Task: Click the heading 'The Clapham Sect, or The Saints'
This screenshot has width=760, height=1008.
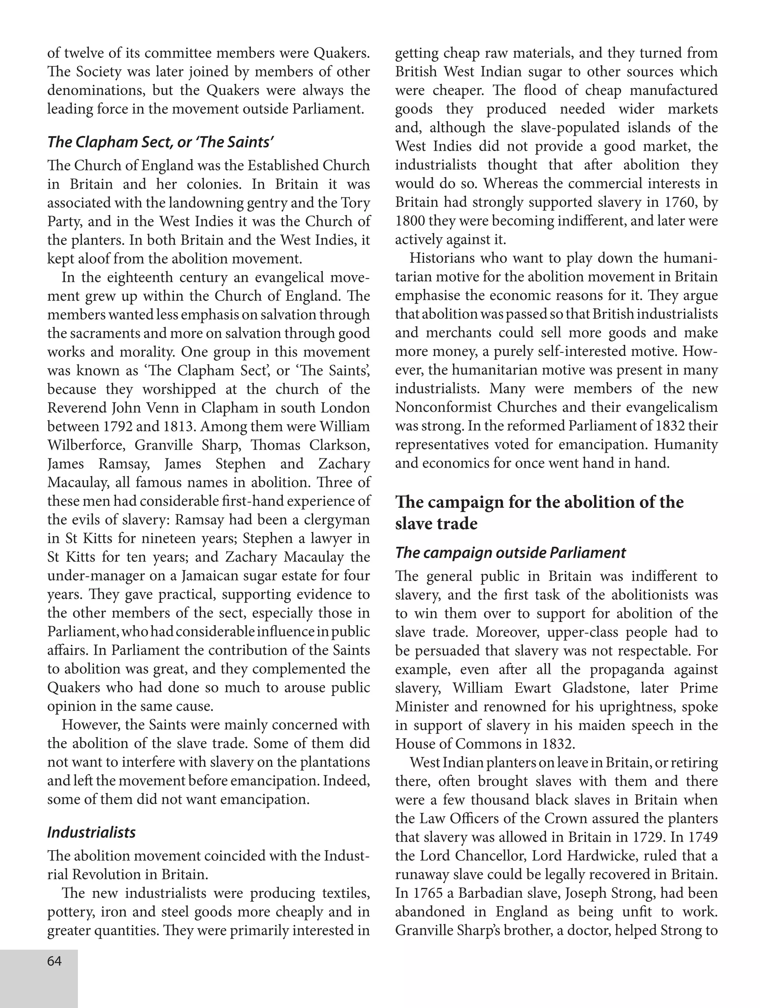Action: click(x=160, y=142)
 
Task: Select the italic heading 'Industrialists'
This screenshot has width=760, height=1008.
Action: click(x=92, y=832)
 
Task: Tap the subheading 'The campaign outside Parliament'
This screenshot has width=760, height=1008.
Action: click(x=510, y=552)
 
